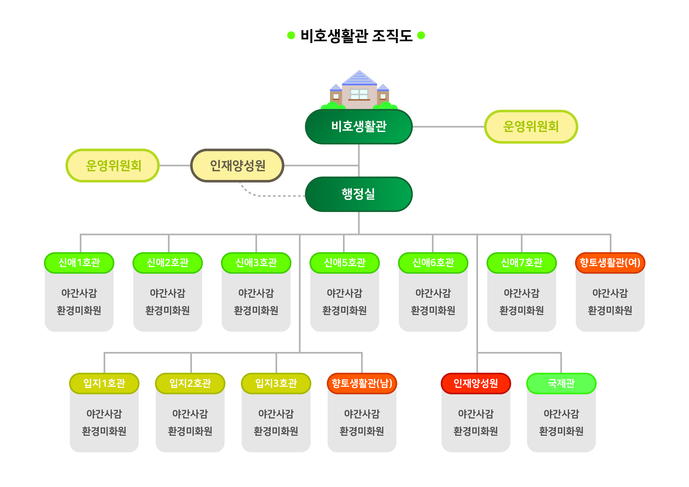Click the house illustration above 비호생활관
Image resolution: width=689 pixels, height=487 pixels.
(x=359, y=90)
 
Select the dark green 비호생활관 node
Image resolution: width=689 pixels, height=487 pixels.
(x=359, y=127)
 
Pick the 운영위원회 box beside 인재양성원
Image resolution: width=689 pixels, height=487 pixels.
(x=113, y=165)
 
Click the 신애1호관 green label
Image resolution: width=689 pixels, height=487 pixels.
(x=79, y=263)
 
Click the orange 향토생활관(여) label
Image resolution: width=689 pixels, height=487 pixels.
(x=610, y=263)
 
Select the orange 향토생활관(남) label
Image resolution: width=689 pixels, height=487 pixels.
(x=362, y=383)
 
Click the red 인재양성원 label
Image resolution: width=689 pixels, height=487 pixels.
(x=476, y=383)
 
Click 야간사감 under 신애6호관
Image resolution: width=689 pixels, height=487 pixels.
(x=433, y=293)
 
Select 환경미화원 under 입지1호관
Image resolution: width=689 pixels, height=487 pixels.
(x=104, y=431)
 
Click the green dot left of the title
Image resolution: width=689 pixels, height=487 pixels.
(x=291, y=35)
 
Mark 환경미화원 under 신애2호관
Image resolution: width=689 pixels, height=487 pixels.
(x=168, y=310)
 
